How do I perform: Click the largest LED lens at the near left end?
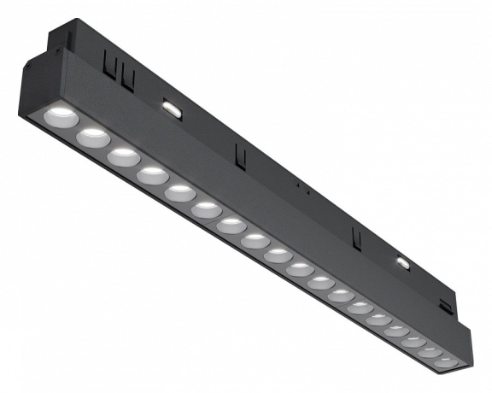click(x=61, y=115)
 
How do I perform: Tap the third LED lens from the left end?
click(x=123, y=155)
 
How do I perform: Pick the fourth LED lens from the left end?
click(x=153, y=174)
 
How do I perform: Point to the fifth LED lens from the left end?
click(x=180, y=192)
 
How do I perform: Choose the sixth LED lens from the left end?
click(x=206, y=209)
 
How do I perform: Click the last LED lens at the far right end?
click(x=446, y=362)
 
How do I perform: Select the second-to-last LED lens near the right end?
click(x=430, y=351)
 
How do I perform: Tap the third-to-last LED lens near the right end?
click(x=414, y=341)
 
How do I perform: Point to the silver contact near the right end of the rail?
click(x=401, y=262)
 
